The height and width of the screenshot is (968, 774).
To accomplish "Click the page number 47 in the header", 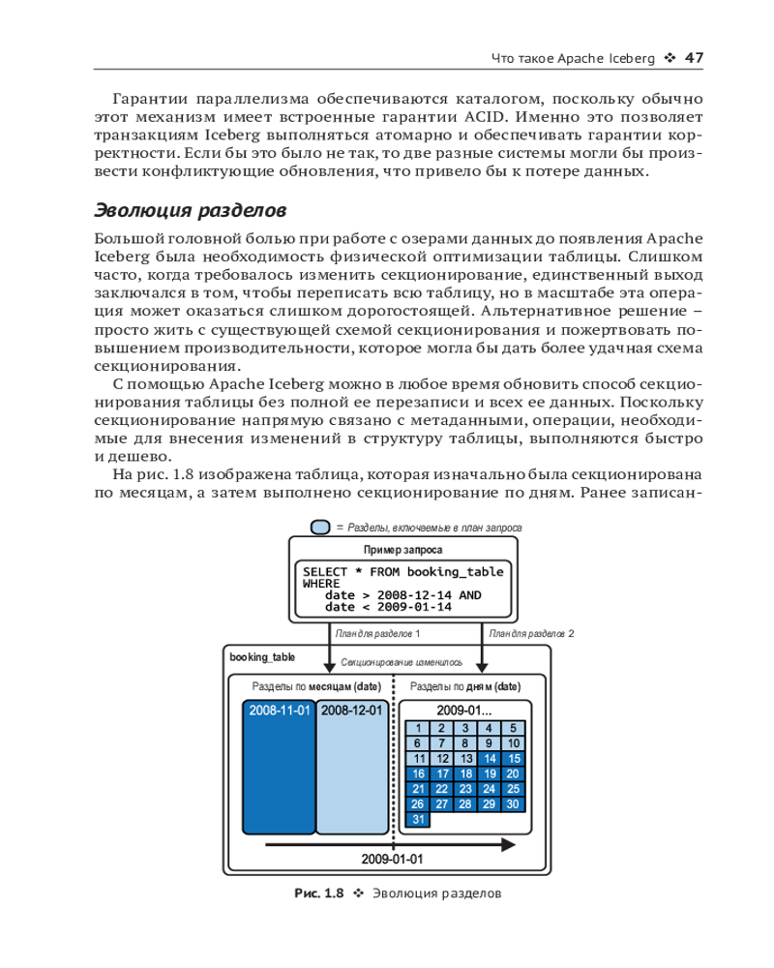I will point(693,57).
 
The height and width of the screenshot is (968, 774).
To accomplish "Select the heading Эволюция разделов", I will point(190,209).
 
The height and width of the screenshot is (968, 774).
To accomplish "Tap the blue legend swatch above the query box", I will point(320,528).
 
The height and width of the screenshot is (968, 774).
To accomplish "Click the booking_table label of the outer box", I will point(262,656).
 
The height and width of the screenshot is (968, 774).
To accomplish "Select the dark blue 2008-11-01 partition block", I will point(280,771).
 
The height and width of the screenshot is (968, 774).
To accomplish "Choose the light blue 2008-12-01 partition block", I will point(351,771).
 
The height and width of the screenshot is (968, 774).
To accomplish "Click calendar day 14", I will point(490,759).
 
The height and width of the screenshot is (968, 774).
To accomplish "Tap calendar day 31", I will point(418,819).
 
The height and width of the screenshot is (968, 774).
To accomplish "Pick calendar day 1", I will point(418,729).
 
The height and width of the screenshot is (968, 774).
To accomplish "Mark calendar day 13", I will point(466,759).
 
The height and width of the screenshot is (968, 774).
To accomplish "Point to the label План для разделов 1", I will point(377,633).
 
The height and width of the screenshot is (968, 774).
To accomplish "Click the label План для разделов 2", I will point(532,633).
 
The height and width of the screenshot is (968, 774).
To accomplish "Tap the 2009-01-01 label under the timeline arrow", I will point(392,859).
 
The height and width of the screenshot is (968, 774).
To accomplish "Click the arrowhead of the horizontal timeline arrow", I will point(507,844).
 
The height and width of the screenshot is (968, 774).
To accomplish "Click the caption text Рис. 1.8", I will point(319,892).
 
